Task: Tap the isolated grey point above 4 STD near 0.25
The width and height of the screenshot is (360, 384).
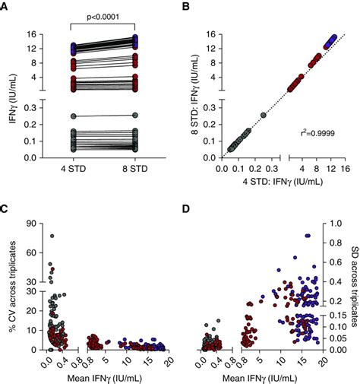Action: [74, 116]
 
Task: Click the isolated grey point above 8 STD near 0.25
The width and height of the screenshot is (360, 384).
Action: [134, 116]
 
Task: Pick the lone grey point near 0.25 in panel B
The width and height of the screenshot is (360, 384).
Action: [263, 116]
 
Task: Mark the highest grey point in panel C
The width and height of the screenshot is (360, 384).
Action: [52, 236]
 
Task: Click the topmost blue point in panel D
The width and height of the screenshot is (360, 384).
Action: [308, 236]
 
